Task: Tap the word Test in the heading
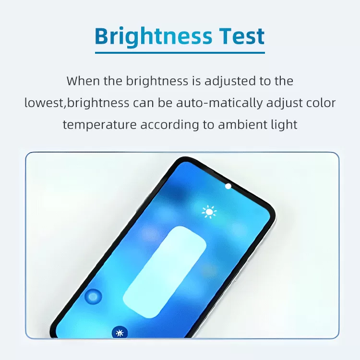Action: (241, 36)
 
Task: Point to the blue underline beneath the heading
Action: (180, 53)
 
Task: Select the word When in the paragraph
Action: (83, 81)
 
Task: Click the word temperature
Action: (100, 125)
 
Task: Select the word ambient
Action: (243, 125)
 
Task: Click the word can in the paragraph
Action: (144, 103)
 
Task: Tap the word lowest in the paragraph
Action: (44, 103)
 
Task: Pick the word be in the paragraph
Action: (165, 103)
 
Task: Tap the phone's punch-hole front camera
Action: (228, 186)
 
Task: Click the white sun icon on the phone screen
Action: (209, 212)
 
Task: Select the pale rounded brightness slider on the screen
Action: (165, 272)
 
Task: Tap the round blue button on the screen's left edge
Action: (93, 297)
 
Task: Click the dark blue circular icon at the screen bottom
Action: (120, 332)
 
